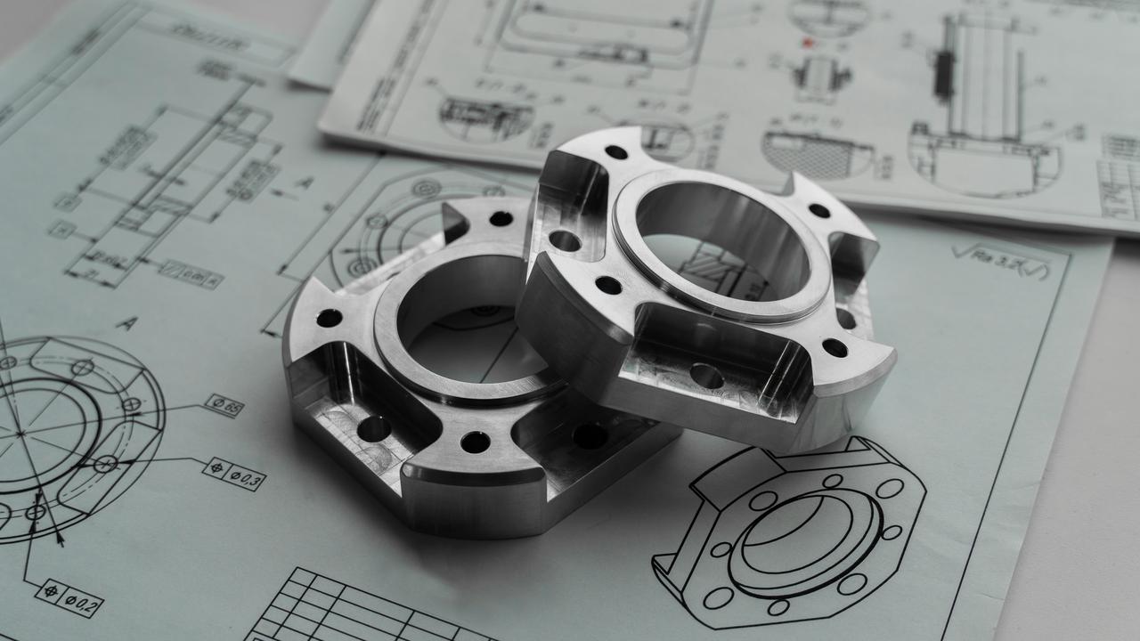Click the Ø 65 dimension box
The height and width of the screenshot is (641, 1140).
click(x=224, y=405)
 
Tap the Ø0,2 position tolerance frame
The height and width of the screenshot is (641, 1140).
click(x=69, y=597)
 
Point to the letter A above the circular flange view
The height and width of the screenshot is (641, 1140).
click(x=126, y=323)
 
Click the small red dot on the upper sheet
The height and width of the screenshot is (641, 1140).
click(x=808, y=42)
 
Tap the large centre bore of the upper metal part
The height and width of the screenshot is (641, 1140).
click(x=721, y=240)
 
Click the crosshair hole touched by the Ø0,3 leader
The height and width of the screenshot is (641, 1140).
click(x=106, y=463)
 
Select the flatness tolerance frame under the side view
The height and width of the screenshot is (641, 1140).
click(x=191, y=273)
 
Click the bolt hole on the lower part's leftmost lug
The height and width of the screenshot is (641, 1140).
click(x=329, y=318)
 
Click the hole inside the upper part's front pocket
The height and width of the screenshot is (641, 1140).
click(x=706, y=375)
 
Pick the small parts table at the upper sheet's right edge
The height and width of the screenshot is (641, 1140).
click(x=1119, y=174)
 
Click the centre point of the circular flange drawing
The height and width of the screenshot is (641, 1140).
click(x=20, y=433)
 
